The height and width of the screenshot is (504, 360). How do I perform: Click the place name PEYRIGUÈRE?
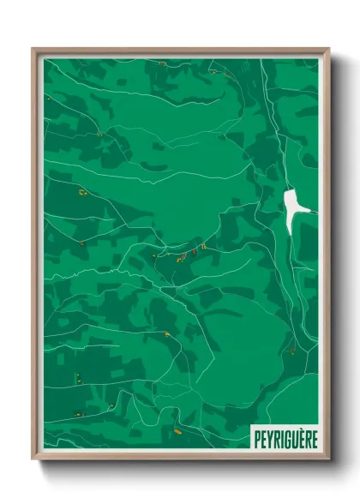tap(285, 440)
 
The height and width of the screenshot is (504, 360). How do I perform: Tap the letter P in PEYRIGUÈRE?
tap(258, 440)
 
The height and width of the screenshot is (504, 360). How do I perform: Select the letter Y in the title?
tap(270, 440)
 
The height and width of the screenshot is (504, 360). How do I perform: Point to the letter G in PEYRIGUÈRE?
tap(285, 440)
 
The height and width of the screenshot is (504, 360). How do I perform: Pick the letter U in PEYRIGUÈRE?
tap(292, 440)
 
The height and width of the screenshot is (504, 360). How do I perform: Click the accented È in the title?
tap(299, 439)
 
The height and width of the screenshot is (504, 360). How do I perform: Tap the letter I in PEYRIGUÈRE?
tap(280, 440)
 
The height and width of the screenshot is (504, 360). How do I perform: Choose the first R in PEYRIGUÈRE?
tap(276, 440)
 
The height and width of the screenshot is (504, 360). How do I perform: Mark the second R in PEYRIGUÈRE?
tap(306, 440)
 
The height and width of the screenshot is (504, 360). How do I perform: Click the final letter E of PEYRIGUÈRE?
tap(313, 440)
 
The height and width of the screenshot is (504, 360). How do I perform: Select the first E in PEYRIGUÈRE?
tap(264, 440)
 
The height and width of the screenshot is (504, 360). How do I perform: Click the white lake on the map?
tap(292, 206)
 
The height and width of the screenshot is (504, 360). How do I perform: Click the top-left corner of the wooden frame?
tap(33, 49)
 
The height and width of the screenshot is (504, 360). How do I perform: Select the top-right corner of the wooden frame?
tap(328, 49)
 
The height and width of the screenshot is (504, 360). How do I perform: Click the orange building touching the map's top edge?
tap(161, 63)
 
